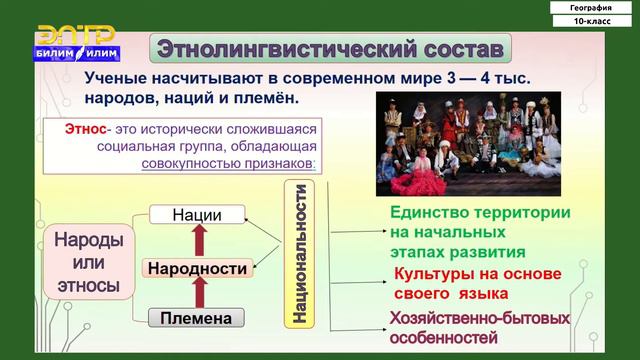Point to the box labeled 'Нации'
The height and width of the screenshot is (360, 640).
pos(196,215)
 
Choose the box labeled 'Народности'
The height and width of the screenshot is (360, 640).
pos(196,268)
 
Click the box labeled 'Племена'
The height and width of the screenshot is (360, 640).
pos(196,318)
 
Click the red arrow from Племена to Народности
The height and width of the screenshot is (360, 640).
pos(197,293)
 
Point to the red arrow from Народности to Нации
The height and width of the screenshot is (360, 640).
pos(197,241)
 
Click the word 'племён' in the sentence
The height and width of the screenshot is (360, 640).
pos(264,100)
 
